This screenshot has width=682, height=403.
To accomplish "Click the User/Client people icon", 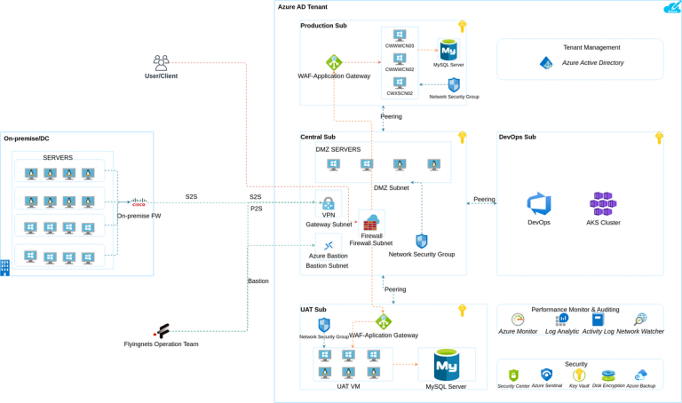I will (x=161, y=63).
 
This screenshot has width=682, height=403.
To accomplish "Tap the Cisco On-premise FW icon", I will (x=139, y=202).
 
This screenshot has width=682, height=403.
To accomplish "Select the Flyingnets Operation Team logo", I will (x=162, y=332).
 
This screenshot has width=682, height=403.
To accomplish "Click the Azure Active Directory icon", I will (x=547, y=63).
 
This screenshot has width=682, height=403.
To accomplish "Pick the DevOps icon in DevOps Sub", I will (x=539, y=203).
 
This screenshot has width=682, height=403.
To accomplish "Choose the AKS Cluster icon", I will (x=603, y=203).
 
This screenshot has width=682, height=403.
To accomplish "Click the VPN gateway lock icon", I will (x=329, y=204).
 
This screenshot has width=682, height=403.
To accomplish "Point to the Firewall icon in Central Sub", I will (x=370, y=222).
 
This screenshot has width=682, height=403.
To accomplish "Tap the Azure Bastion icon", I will (x=329, y=246).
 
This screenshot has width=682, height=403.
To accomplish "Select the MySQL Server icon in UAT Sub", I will (x=446, y=365).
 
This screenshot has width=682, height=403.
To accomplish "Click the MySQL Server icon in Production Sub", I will (x=448, y=50).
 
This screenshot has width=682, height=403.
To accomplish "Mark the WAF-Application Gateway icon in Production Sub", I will (x=334, y=63).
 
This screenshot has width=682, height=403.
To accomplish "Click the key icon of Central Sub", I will (x=462, y=138).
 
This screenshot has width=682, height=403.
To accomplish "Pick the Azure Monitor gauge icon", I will (x=518, y=320).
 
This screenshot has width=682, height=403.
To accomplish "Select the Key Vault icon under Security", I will (x=579, y=375).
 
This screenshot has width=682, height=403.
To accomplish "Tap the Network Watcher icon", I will (x=640, y=320).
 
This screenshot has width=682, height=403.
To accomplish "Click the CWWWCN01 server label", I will (x=400, y=45).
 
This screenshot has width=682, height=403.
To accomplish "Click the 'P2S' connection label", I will (x=256, y=209).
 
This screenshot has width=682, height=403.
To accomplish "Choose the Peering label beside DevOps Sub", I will (x=484, y=199).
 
